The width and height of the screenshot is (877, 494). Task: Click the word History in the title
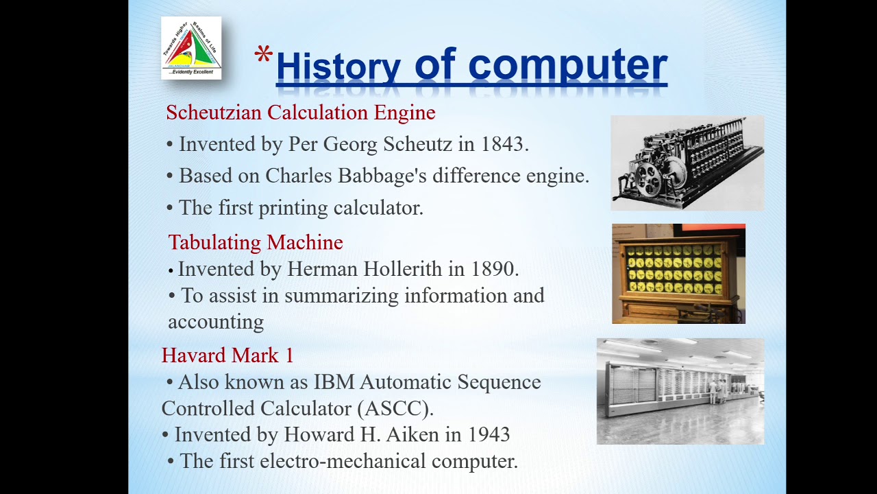tap(338, 67)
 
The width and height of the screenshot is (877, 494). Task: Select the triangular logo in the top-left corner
tap(191, 47)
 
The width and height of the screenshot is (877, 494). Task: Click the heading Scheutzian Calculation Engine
tap(300, 113)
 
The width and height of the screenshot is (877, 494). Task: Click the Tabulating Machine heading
tap(256, 242)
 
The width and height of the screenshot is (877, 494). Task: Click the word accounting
tap(216, 322)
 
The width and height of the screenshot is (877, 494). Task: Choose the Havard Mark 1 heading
tap(227, 355)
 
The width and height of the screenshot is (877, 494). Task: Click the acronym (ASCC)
tap(395, 408)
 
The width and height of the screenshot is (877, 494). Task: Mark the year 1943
tap(489, 434)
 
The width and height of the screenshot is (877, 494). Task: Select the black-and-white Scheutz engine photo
tap(687, 163)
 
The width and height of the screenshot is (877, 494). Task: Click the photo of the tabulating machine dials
tap(678, 273)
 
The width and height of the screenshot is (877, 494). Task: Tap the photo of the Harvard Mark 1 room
tap(680, 391)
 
